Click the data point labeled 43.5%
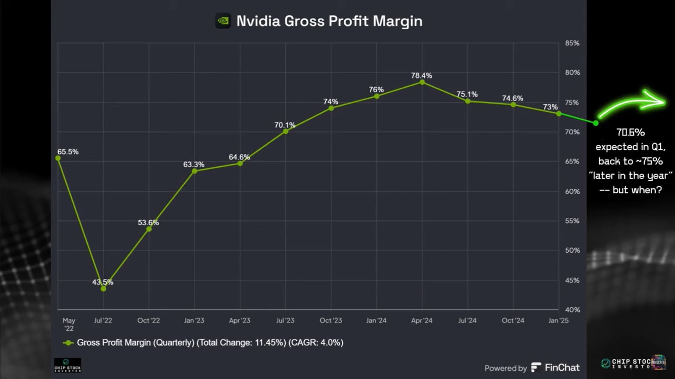tap(103, 289)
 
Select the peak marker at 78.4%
tap(422, 82)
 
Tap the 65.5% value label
tap(68, 152)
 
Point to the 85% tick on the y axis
tap(572, 43)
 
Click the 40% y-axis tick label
tap(572, 310)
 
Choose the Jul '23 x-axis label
tap(285, 320)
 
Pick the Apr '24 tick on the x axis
tap(422, 320)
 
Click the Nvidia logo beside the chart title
tap(223, 21)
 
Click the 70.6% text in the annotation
tap(630, 132)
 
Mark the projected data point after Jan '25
tap(596, 123)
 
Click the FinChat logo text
tap(562, 368)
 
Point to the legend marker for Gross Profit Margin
tap(68, 343)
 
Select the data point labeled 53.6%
tap(149, 229)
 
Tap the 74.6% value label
tap(513, 98)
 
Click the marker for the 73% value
tap(559, 114)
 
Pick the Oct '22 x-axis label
tap(148, 320)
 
